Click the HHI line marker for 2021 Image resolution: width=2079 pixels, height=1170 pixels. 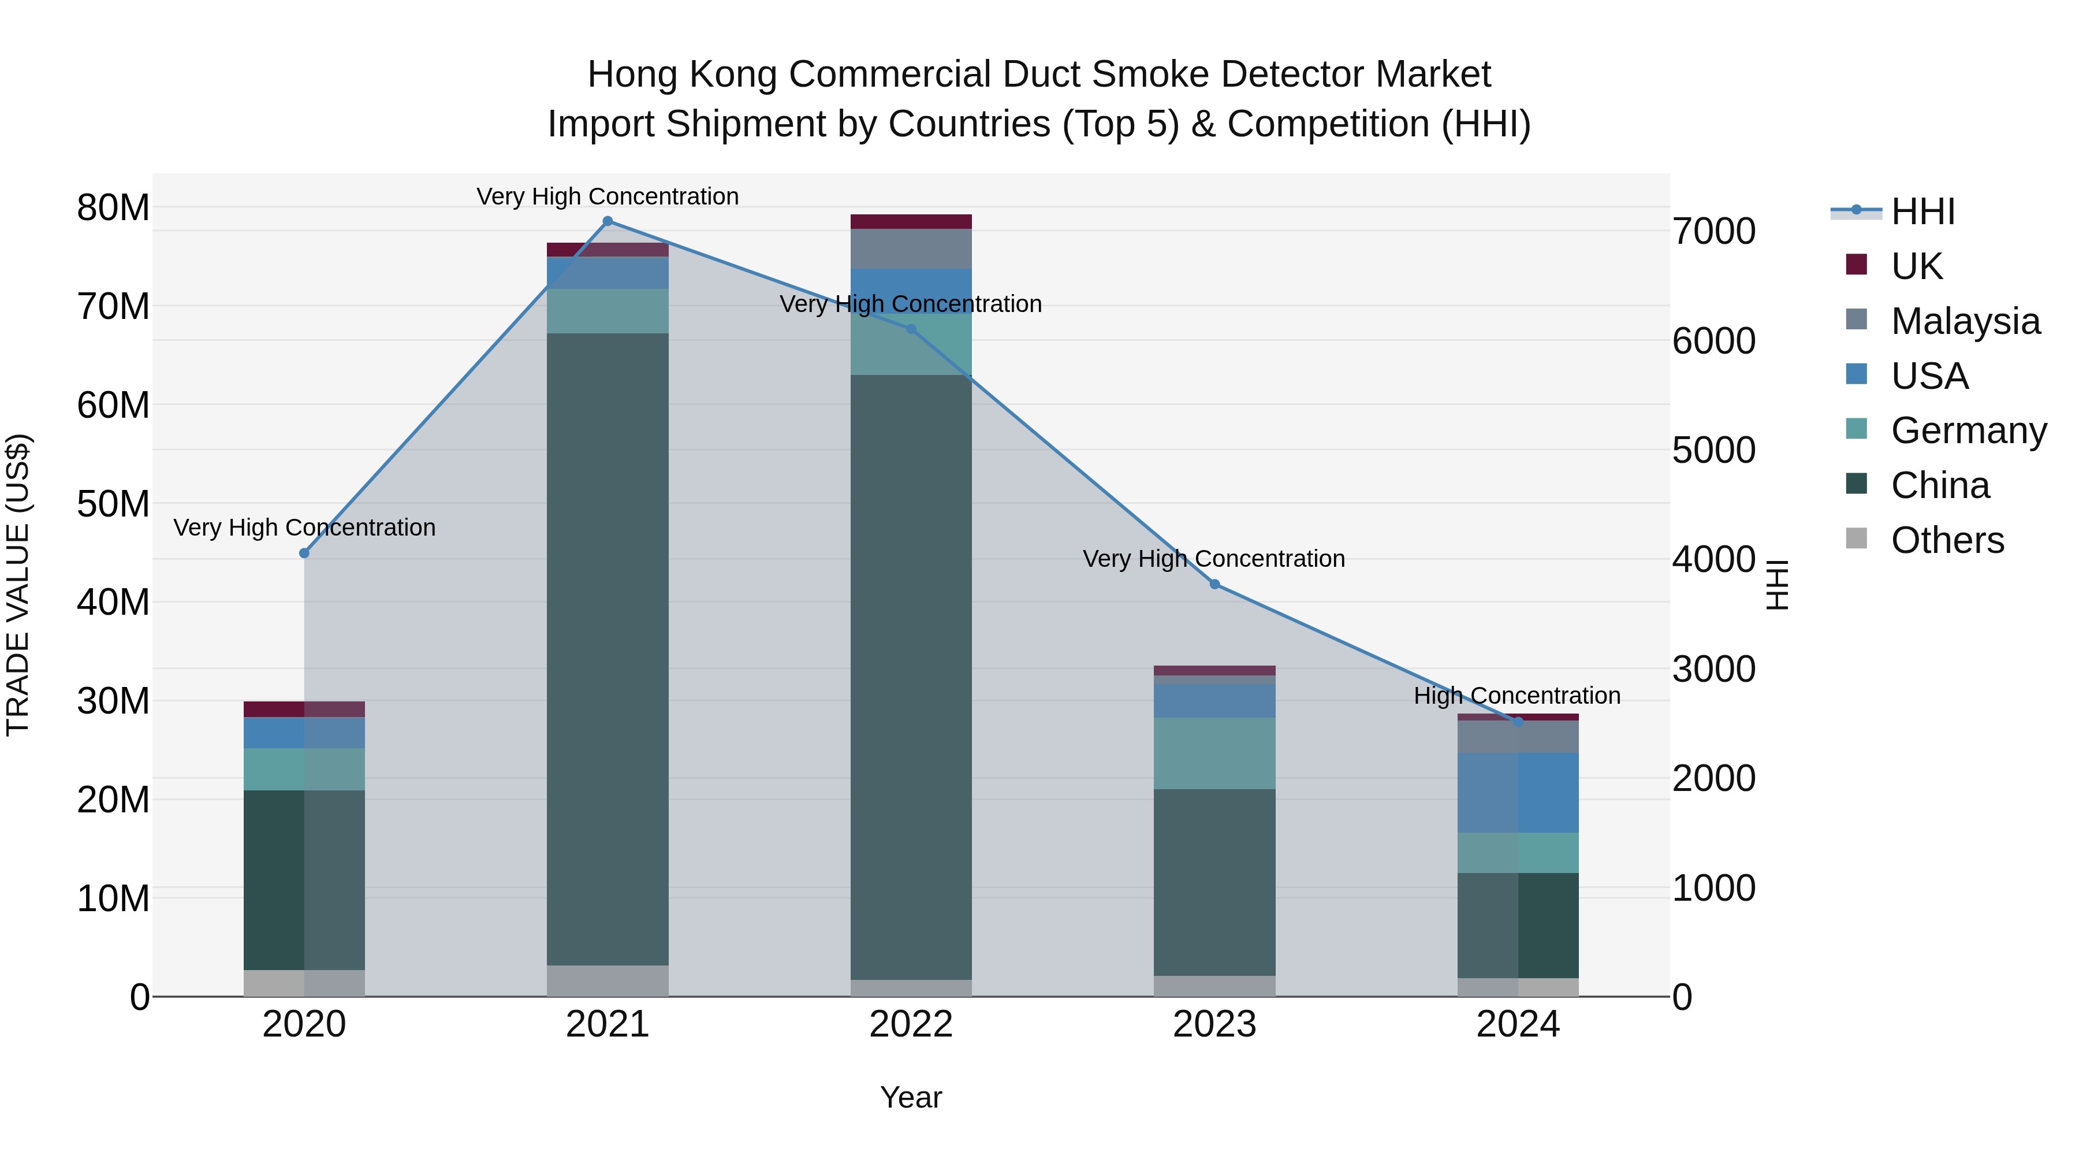(x=608, y=221)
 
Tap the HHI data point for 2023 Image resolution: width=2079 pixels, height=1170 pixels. (x=1214, y=584)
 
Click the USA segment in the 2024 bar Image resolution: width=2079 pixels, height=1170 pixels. (x=1518, y=792)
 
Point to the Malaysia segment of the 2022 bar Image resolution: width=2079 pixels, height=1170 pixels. (x=911, y=248)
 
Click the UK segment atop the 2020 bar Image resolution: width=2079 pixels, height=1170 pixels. (x=304, y=709)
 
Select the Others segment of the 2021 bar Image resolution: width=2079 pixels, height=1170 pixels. (x=608, y=980)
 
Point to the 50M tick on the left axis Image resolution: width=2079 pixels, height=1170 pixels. (x=113, y=504)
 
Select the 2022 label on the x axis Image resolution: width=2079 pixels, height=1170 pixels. (x=911, y=1024)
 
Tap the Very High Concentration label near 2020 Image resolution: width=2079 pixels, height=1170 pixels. (x=304, y=528)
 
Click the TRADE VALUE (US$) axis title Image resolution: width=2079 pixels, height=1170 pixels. (x=18, y=585)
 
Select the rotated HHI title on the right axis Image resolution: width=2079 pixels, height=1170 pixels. (x=1776, y=585)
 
